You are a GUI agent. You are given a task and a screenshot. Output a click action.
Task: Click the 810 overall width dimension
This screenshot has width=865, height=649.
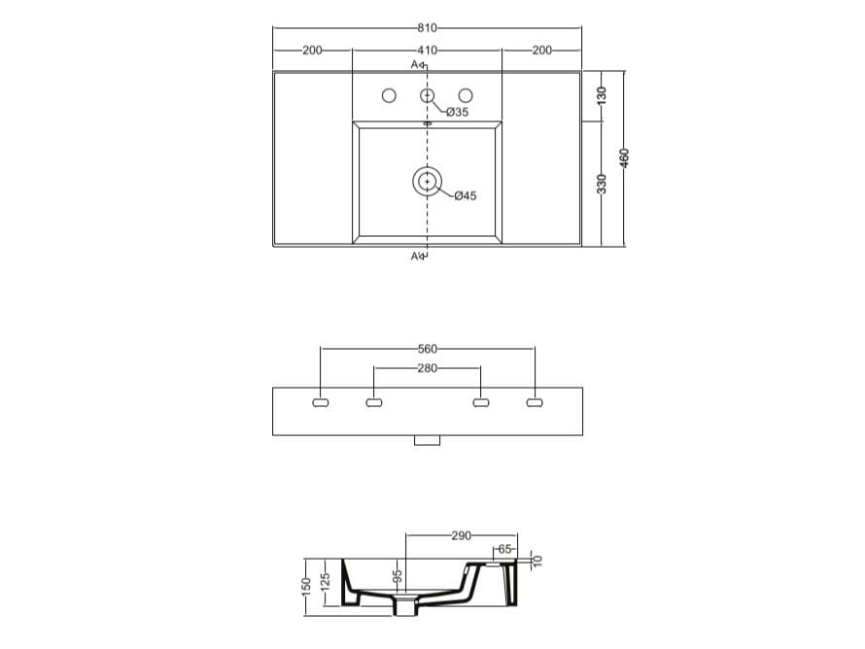pyautogui.click(x=427, y=28)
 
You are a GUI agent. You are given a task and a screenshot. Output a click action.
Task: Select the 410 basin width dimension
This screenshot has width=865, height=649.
pyautogui.click(x=427, y=51)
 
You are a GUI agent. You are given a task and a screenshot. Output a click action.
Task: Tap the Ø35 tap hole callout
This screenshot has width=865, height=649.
pyautogui.click(x=458, y=112)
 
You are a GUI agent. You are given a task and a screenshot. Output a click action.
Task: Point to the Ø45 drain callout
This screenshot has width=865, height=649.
pyautogui.click(x=466, y=195)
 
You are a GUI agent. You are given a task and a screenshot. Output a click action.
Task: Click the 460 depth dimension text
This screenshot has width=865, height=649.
pyautogui.click(x=624, y=158)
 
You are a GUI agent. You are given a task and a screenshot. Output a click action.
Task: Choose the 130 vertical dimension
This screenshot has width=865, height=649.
pyautogui.click(x=602, y=96)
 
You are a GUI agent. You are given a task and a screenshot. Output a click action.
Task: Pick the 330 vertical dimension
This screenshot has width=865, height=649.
pyautogui.click(x=602, y=184)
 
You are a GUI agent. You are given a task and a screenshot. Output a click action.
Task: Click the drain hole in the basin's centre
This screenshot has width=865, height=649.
pyautogui.click(x=427, y=181)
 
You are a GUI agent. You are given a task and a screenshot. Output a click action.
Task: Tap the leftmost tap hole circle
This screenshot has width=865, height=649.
pyautogui.click(x=389, y=96)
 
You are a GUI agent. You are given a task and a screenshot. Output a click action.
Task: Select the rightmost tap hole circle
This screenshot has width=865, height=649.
pyautogui.click(x=466, y=96)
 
